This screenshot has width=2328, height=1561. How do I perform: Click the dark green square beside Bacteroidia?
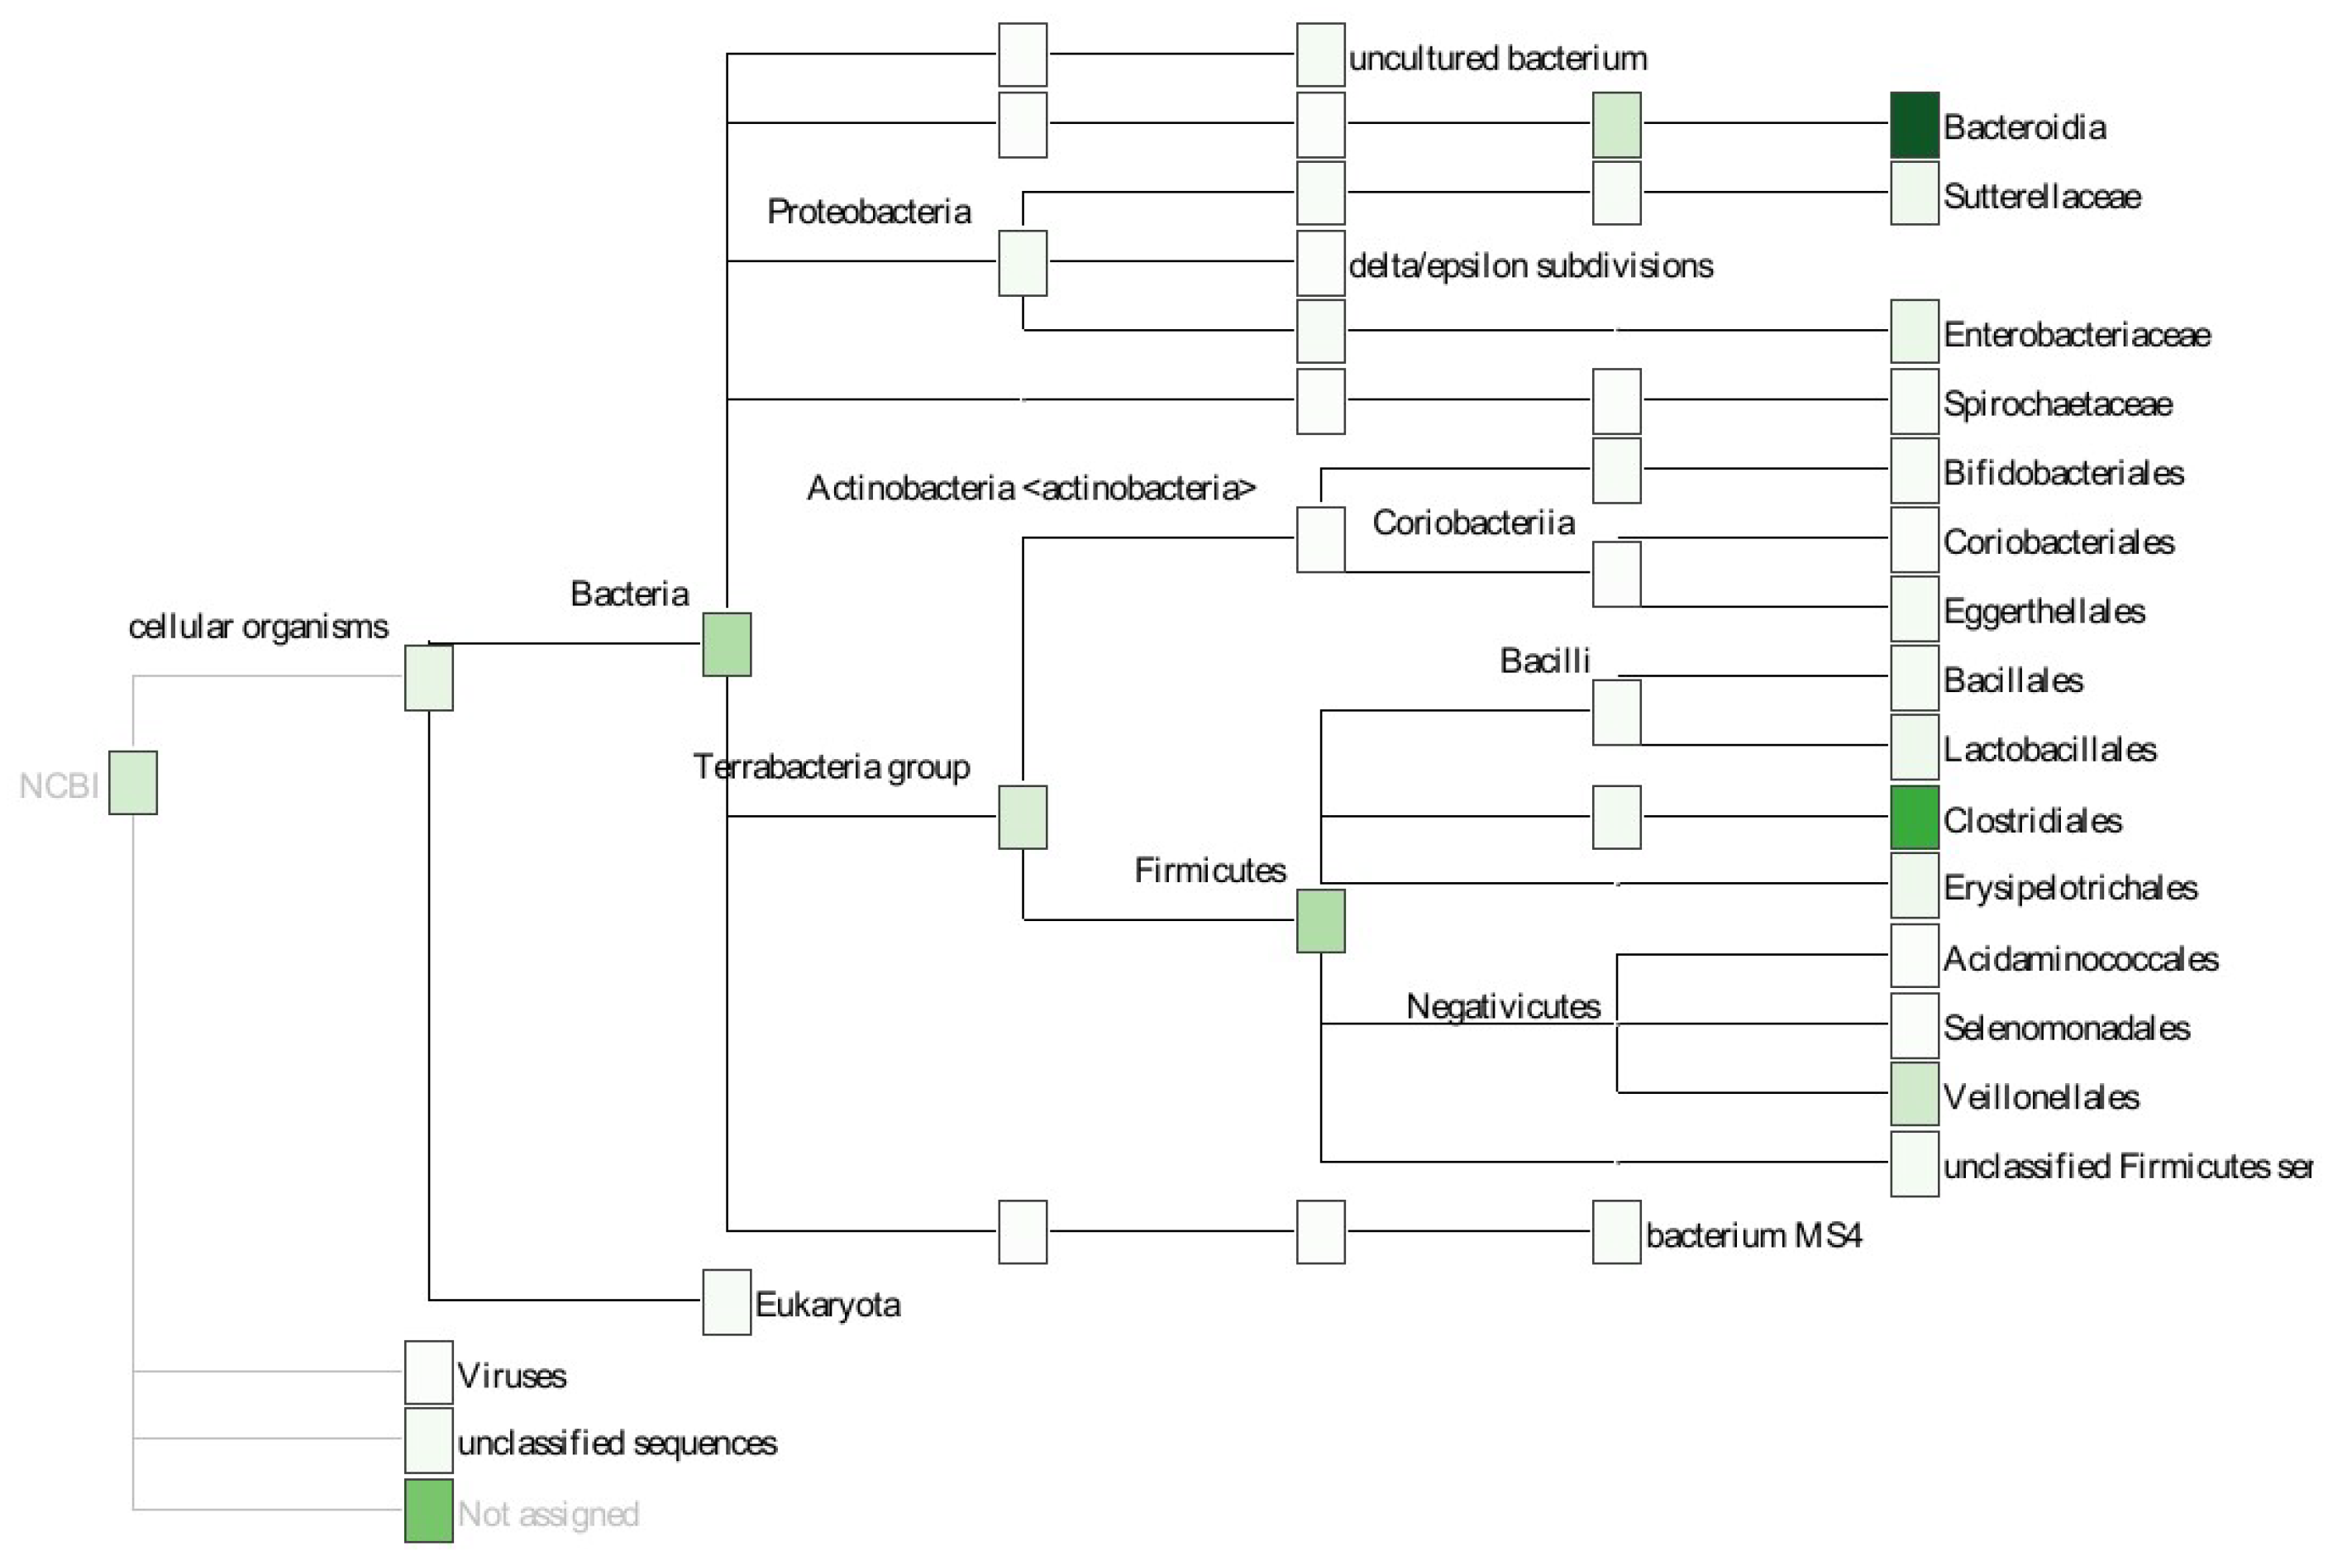[x=1913, y=126]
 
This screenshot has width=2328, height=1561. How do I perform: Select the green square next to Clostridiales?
[x=1913, y=818]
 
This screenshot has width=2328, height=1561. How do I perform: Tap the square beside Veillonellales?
[x=1913, y=1094]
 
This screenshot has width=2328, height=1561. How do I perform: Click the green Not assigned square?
[x=428, y=1511]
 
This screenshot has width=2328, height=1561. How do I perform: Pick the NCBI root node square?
[x=132, y=782]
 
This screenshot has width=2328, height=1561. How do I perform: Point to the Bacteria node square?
[x=727, y=644]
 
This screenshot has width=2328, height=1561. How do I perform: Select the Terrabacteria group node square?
[x=1022, y=818]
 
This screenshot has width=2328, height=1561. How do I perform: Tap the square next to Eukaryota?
[x=727, y=1302]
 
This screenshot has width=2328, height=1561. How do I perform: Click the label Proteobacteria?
[x=868, y=212]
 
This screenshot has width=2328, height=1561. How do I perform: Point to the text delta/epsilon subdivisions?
[x=1529, y=265]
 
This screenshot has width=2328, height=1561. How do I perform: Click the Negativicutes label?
[x=1502, y=1006]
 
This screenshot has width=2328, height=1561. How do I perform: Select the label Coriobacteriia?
[x=1472, y=523]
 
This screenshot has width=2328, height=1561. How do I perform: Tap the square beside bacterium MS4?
[x=1615, y=1233]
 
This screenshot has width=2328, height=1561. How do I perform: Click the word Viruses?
[x=511, y=1376]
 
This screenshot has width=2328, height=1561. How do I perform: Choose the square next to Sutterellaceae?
[x=1913, y=194]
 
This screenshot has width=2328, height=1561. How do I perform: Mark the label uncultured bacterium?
[x=1497, y=59]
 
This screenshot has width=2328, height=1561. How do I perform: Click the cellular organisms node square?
[x=428, y=678]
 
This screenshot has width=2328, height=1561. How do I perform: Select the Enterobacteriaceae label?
[x=2075, y=335]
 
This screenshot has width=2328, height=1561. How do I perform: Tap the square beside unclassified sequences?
[x=428, y=1439]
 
